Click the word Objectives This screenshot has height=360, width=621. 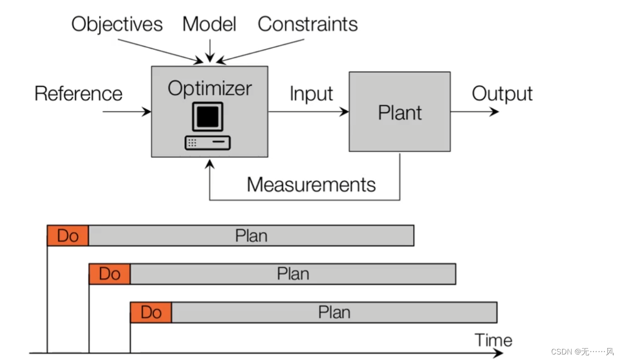(x=117, y=24)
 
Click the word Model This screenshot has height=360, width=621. (x=209, y=24)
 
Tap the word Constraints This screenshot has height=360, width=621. (x=308, y=24)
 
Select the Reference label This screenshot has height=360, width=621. (x=79, y=94)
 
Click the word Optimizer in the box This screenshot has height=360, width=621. (x=210, y=88)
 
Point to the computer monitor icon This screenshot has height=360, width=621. (x=208, y=116)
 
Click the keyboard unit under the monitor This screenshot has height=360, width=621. (x=207, y=143)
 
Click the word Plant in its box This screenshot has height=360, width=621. (x=399, y=113)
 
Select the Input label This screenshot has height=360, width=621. (x=311, y=94)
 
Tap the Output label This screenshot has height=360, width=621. (x=502, y=94)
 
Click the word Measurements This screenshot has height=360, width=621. (x=311, y=184)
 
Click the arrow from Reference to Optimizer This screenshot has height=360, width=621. (x=126, y=112)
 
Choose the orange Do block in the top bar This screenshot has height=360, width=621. (x=68, y=236)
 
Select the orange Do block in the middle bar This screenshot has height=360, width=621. (x=109, y=274)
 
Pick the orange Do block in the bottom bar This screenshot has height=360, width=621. (x=151, y=313)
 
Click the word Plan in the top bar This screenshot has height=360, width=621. (x=251, y=236)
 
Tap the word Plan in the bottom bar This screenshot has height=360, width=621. (x=334, y=313)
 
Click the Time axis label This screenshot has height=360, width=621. (x=493, y=340)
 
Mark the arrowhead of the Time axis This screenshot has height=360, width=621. (x=498, y=353)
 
